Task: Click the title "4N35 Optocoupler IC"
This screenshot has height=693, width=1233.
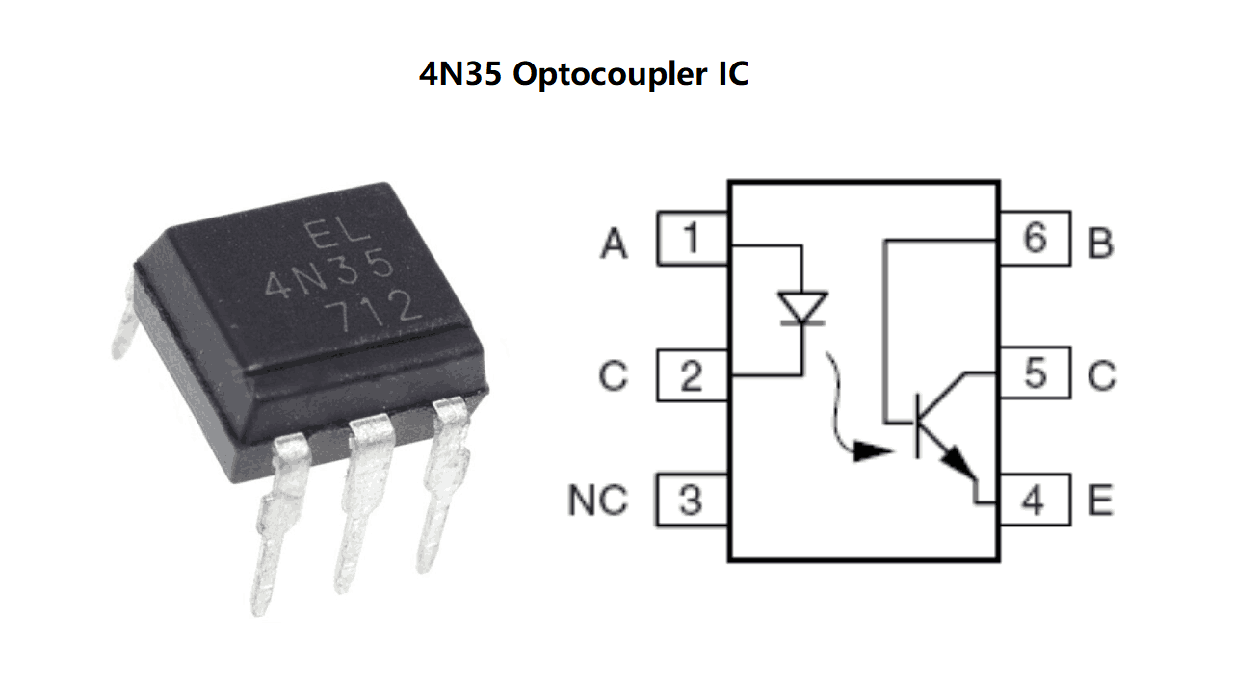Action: pos(584,74)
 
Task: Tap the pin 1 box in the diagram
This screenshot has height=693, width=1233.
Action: pos(692,238)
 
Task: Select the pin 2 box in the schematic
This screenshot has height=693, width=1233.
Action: pos(692,375)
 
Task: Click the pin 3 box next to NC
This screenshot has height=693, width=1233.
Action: pos(692,500)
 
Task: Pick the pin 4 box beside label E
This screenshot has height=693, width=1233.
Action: pos(1034,500)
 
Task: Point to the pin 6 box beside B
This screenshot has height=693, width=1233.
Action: pos(1034,238)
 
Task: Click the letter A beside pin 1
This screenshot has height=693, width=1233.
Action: pos(614,244)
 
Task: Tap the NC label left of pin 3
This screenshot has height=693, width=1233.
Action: pos(597,501)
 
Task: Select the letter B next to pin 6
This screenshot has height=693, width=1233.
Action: pos(1100,244)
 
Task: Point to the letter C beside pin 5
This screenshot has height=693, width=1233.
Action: pos(1101,375)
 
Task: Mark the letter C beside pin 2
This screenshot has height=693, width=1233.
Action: pos(613,375)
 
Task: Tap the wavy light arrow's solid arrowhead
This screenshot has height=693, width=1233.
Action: pos(876,450)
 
